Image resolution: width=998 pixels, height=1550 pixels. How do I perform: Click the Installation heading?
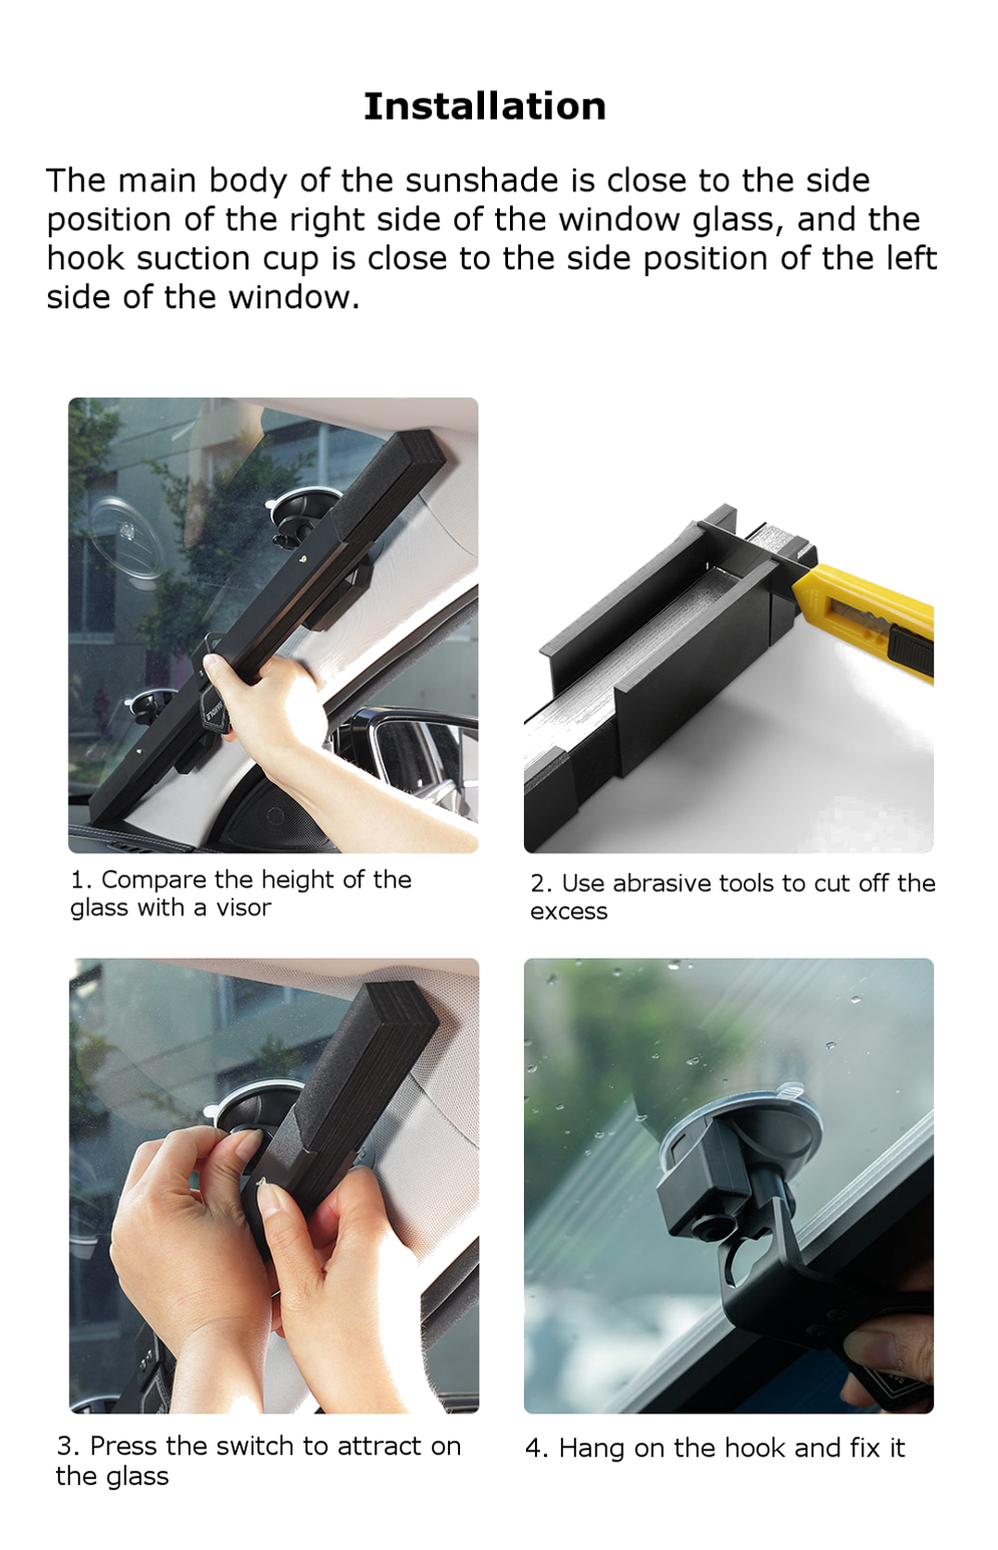tap(484, 106)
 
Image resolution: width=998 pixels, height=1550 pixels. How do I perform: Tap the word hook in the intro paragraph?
tap(87, 258)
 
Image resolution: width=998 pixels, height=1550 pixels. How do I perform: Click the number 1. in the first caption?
tap(81, 880)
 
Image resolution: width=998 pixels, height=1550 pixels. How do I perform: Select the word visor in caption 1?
tap(244, 908)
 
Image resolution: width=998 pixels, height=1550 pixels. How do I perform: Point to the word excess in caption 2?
tap(568, 912)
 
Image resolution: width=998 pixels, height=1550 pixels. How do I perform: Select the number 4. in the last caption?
tap(536, 1448)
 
